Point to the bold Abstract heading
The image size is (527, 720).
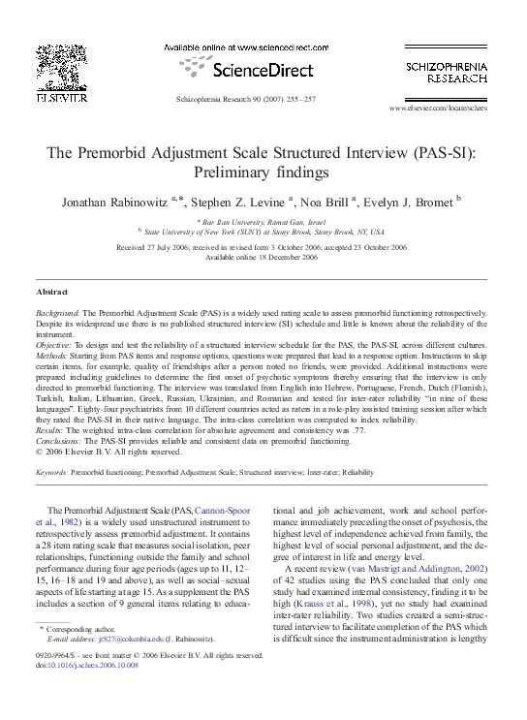tap(52, 292)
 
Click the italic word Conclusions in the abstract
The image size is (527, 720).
tap(58, 441)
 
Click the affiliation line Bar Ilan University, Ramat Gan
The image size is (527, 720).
tap(263, 222)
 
